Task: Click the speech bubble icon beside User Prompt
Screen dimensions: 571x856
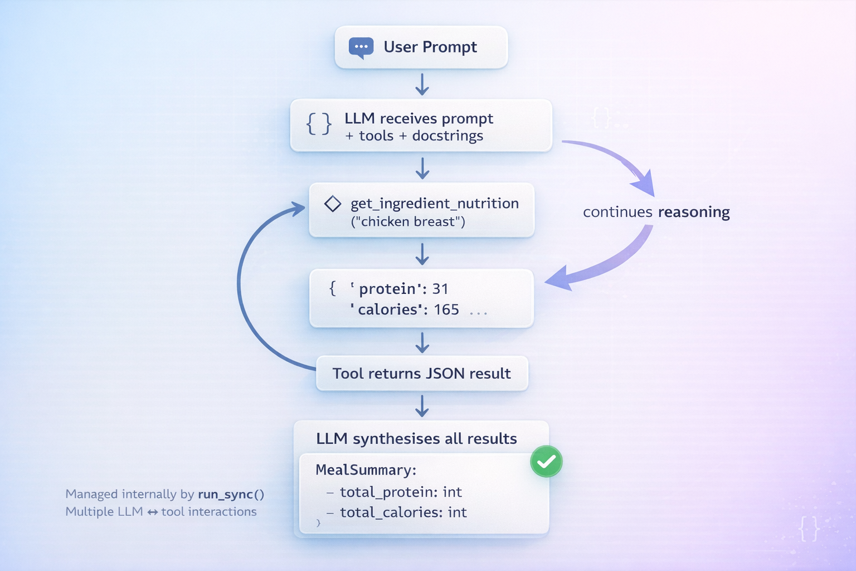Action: pos(361,47)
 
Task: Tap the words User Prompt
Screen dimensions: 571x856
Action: pos(430,47)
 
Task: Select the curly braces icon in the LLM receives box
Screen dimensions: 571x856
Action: pos(319,124)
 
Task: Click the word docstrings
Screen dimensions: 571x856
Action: pos(448,136)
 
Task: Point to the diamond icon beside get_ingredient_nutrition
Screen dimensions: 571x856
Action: pos(333,204)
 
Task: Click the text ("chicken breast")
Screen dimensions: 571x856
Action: pos(408,222)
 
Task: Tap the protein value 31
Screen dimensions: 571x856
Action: pos(440,289)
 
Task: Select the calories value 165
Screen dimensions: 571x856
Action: pos(446,309)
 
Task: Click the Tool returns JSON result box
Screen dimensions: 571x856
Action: pos(422,374)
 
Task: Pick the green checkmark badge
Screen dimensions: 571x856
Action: pos(546,462)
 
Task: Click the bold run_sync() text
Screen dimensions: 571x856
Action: pos(231,495)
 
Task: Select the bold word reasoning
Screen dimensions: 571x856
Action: pos(694,212)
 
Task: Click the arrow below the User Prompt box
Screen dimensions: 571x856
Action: pos(422,84)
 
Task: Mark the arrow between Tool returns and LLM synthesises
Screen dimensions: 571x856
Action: pos(422,406)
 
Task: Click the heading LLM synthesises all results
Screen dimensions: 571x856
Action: pos(416,439)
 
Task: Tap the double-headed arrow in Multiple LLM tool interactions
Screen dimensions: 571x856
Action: pos(152,512)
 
